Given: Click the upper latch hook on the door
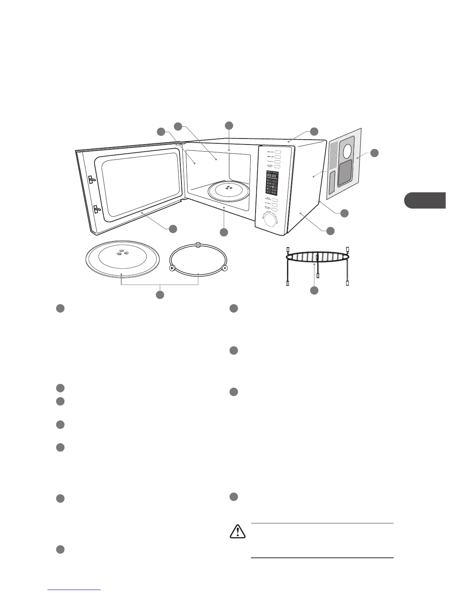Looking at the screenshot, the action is [x=92, y=180].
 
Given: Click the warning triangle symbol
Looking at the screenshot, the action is [x=238, y=532].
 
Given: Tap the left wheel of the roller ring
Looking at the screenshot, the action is [x=172, y=268].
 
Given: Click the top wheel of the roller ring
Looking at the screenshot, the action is [x=198, y=245].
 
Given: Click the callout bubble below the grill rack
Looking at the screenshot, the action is [x=314, y=290].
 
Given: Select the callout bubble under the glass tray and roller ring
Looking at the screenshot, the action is [x=160, y=294].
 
